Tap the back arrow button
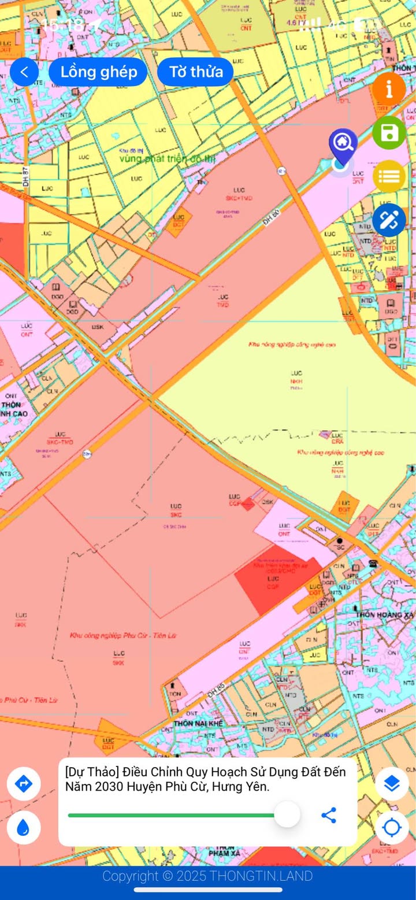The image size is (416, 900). click(x=24, y=72)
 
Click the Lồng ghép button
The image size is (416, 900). click(x=98, y=72)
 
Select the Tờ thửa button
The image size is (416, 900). click(x=195, y=72)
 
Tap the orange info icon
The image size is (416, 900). click(x=388, y=89)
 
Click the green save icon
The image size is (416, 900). click(x=389, y=133)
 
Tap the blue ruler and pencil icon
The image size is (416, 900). click(x=389, y=220)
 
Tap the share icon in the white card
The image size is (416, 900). click(x=329, y=816)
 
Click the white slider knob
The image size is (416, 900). click(x=287, y=815)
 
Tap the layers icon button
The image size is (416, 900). click(x=392, y=784)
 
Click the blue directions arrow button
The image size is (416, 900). click(x=24, y=784)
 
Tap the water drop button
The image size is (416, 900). click(x=24, y=828)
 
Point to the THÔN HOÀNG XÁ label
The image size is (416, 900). click(x=385, y=615)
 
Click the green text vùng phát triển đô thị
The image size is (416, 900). click(x=159, y=158)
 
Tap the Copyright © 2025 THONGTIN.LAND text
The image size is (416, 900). click(x=207, y=876)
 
